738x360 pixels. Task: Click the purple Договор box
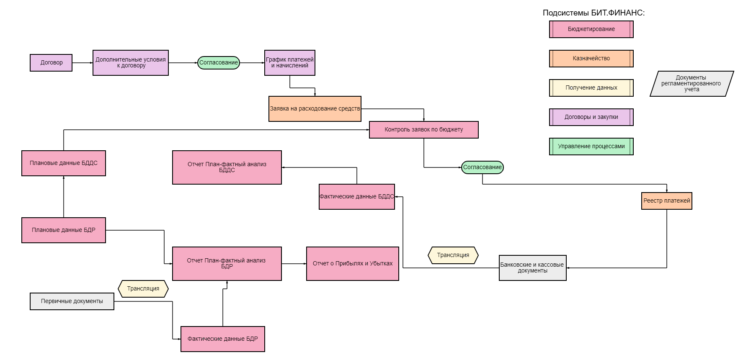click(51, 63)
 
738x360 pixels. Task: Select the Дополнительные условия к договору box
click(131, 63)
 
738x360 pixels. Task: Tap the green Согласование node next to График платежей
click(218, 63)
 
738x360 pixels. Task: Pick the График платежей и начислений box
click(290, 63)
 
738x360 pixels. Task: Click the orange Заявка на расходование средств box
click(315, 109)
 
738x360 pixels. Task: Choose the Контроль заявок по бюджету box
click(424, 130)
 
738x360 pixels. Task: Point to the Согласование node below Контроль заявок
click(482, 167)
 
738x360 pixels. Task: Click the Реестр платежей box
click(667, 201)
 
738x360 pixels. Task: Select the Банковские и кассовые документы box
click(532, 268)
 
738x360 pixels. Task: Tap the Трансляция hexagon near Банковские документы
click(453, 255)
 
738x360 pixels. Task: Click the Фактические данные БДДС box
click(357, 197)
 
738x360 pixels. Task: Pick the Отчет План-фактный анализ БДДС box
click(227, 167)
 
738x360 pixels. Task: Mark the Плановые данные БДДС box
click(64, 163)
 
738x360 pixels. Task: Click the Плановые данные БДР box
click(64, 230)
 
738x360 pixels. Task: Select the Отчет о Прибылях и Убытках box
click(353, 264)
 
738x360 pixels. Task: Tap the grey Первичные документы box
click(72, 301)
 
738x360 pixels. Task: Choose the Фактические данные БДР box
click(223, 339)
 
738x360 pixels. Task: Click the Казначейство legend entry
click(591, 59)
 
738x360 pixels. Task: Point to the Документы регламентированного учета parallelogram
click(692, 84)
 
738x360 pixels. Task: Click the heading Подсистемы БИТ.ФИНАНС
click(593, 13)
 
